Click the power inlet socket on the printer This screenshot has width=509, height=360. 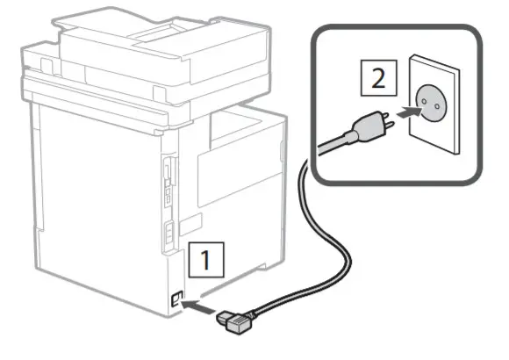177,299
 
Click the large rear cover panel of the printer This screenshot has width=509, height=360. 97,202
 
